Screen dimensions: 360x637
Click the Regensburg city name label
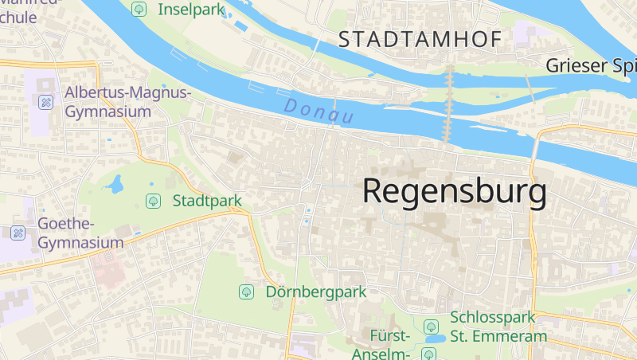[455, 193]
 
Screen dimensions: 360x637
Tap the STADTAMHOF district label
[420, 39]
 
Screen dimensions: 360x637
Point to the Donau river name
[318, 111]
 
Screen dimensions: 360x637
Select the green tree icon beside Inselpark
[139, 10]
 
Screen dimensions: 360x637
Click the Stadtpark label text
[207, 201]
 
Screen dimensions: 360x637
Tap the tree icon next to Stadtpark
[152, 201]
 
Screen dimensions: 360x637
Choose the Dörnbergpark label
[316, 292]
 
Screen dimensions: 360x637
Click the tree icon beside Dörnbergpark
[247, 292]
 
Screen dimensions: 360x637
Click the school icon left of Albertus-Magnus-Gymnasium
[46, 102]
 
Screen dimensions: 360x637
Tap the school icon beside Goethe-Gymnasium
[18, 233]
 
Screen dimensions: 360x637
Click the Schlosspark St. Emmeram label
[498, 327]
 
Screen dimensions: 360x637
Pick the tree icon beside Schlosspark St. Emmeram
[431, 327]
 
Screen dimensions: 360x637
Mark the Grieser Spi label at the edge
[591, 65]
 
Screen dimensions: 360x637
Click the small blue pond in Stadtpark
[116, 185]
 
